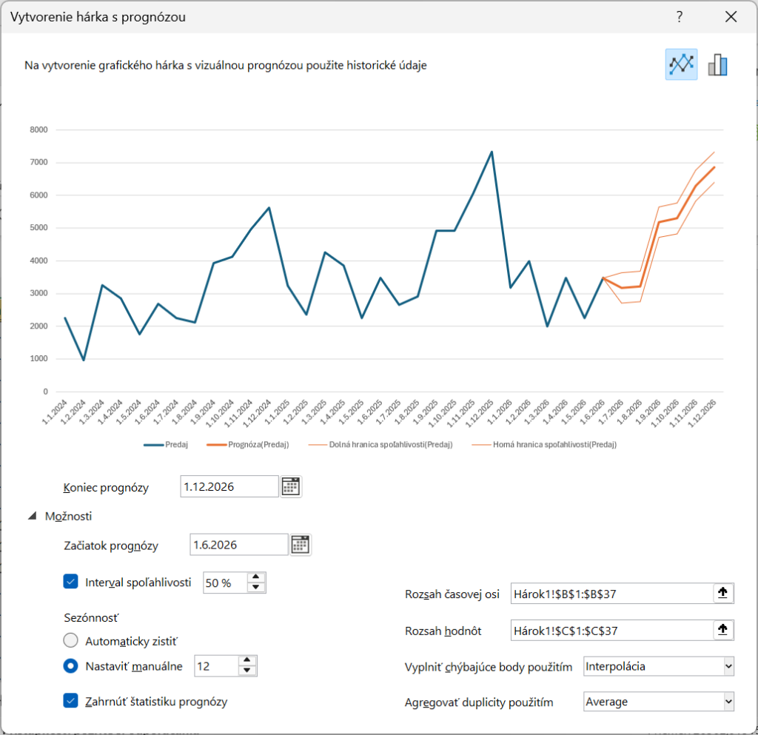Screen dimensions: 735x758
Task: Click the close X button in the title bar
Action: point(731,17)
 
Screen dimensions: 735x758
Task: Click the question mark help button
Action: point(680,17)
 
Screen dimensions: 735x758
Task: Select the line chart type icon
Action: point(681,64)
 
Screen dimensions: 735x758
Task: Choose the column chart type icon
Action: point(717,64)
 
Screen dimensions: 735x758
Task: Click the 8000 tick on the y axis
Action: point(38,130)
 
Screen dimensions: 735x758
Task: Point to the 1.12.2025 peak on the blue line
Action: point(492,152)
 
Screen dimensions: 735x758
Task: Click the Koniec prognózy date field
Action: point(229,487)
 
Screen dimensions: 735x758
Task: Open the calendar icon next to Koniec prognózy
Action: point(291,487)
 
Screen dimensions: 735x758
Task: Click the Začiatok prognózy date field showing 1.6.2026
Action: point(238,546)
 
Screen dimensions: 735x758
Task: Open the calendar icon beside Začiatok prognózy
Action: point(301,546)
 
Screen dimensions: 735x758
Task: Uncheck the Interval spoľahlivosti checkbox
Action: point(71,582)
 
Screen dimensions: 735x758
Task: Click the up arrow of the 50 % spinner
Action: point(255,577)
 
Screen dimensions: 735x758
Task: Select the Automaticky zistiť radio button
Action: point(71,640)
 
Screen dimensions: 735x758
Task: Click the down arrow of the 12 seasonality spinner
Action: point(246,671)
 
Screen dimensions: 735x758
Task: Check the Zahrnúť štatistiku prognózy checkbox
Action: point(71,700)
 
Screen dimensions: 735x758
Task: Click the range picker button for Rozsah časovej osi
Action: point(723,593)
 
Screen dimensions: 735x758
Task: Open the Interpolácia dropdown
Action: point(658,666)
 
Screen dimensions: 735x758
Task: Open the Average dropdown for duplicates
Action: point(658,701)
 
